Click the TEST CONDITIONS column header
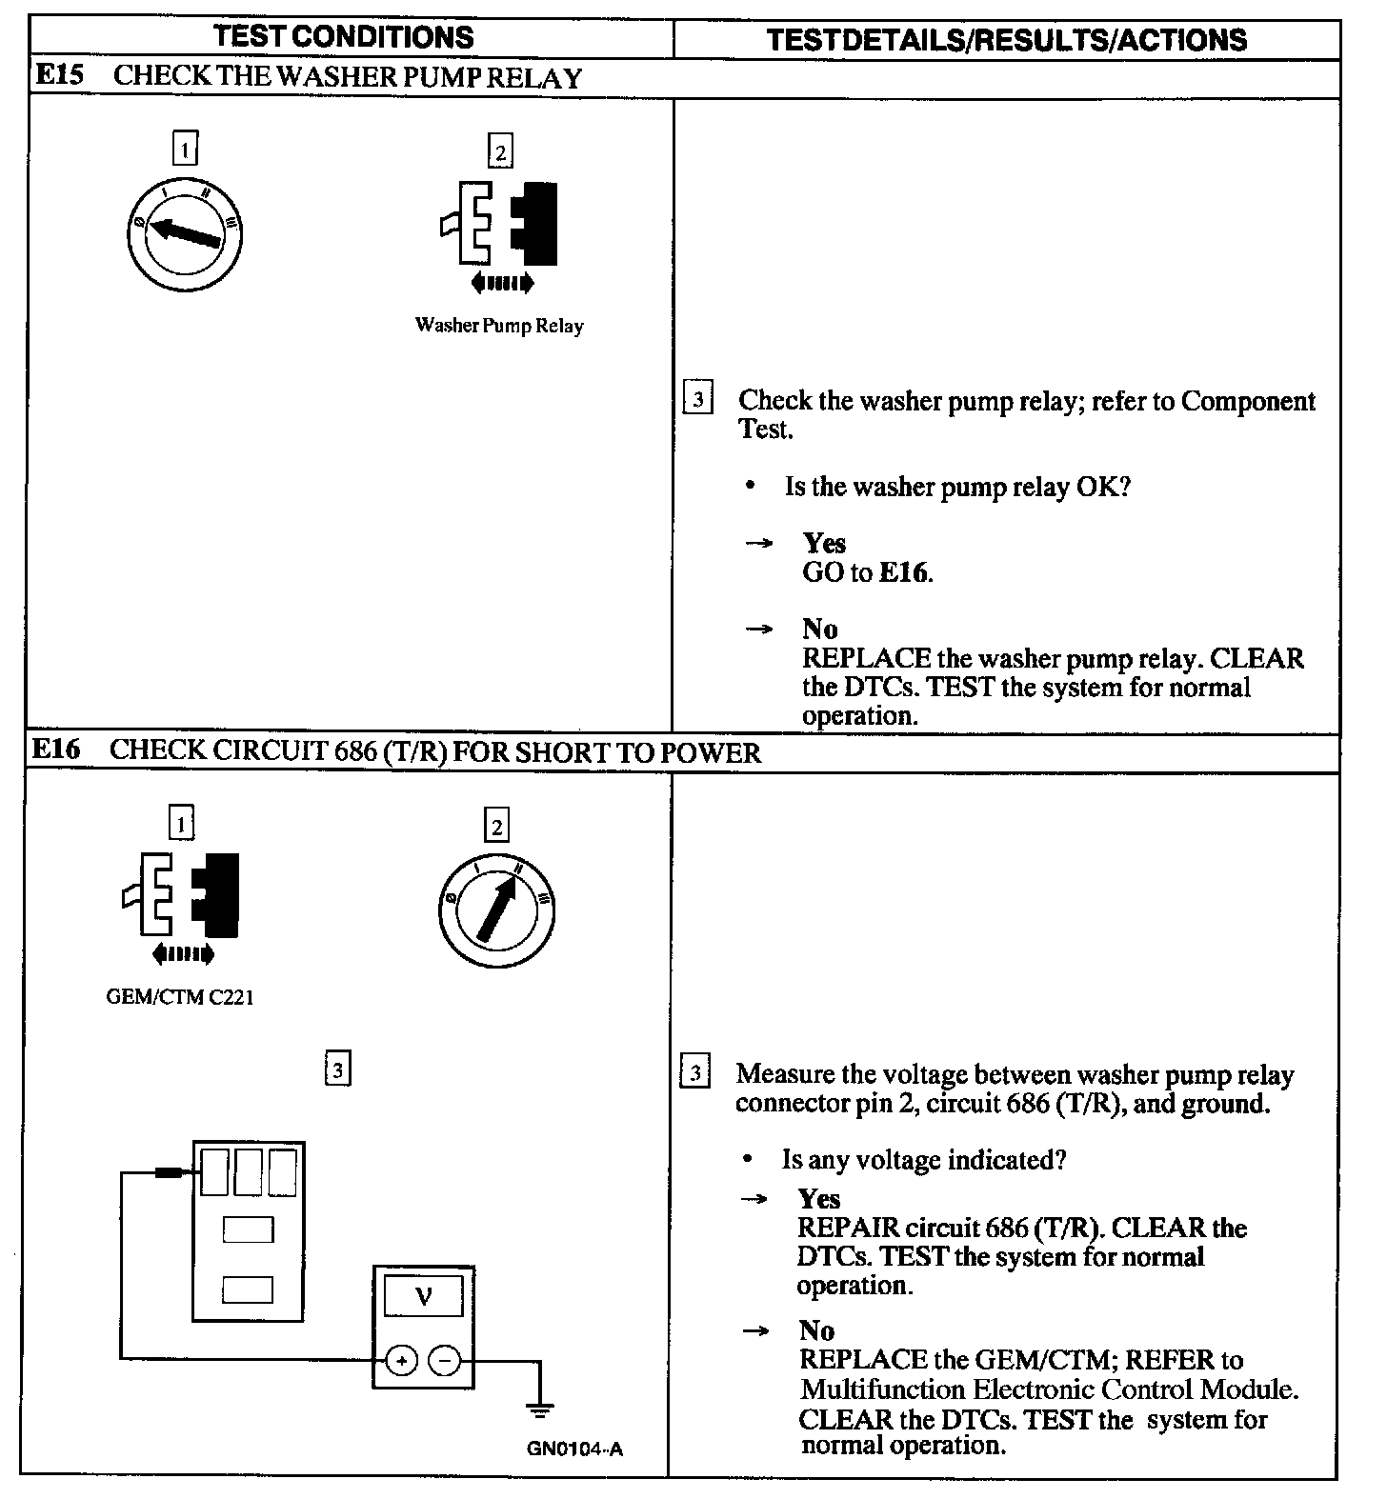(x=344, y=37)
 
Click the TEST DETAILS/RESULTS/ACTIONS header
(x=1006, y=39)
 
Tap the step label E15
(x=59, y=76)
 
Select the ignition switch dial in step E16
(x=496, y=909)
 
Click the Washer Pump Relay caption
(x=499, y=326)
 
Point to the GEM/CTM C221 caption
(x=180, y=998)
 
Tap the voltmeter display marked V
(x=424, y=1295)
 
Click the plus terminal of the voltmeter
(x=402, y=1362)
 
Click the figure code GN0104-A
(x=574, y=1449)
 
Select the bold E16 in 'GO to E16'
(x=903, y=572)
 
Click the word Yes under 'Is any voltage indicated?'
(x=819, y=1198)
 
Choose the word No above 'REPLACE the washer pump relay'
(x=819, y=629)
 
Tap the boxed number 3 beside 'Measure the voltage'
(x=695, y=1073)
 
